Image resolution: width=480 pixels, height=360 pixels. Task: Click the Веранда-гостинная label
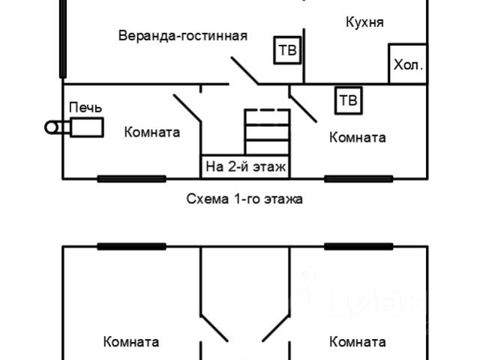point(183,36)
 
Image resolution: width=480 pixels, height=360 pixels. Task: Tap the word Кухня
point(364,22)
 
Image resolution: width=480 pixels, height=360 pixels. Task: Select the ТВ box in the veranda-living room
point(286,50)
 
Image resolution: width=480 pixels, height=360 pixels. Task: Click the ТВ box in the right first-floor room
point(348,100)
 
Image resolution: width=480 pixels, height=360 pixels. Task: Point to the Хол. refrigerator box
point(408,64)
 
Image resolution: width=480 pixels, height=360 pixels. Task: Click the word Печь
point(85,108)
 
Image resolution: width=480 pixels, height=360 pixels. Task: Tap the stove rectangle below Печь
point(87,127)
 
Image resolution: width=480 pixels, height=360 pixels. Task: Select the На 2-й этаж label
point(245,166)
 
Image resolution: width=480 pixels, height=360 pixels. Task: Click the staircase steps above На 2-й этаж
point(267,132)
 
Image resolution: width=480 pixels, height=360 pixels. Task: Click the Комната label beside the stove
point(152,132)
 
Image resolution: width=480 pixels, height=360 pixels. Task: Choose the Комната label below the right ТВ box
point(358,137)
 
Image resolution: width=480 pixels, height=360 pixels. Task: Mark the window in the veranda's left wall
point(61,37)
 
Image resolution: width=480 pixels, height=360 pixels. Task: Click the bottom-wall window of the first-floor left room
point(131,178)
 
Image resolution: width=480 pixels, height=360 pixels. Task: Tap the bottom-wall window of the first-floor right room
point(358,178)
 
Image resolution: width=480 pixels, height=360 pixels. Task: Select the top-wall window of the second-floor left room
point(131,246)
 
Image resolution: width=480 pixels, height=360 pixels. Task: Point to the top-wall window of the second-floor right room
point(358,246)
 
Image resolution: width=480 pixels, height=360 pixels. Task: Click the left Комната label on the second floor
point(131,342)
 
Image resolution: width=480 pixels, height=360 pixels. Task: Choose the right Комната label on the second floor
point(358,342)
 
